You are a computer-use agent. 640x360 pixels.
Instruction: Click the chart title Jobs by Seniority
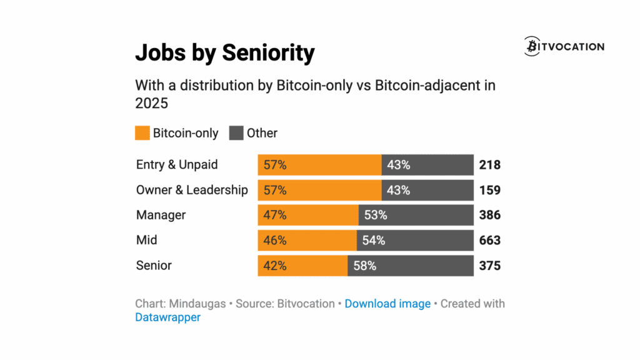(225, 53)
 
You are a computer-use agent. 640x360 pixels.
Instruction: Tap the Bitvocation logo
(564, 46)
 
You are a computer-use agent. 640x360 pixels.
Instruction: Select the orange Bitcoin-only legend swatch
(142, 133)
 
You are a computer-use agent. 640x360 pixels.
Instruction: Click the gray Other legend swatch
(236, 133)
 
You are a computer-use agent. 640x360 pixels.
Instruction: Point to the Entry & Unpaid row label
(177, 165)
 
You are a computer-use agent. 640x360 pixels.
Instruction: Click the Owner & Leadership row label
(192, 190)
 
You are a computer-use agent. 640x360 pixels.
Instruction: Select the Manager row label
(161, 215)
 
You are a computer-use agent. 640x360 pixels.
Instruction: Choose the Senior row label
(154, 265)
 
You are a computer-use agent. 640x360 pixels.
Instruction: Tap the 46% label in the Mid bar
(275, 241)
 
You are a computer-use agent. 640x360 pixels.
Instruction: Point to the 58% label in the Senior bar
(364, 266)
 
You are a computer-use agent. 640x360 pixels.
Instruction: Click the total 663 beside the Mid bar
(490, 241)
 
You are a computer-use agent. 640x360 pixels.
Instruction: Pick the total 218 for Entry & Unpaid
(490, 166)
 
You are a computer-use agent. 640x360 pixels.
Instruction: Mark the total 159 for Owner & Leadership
(490, 191)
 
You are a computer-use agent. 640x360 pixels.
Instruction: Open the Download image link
(387, 304)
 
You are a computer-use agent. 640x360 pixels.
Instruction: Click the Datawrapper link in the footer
(167, 317)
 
